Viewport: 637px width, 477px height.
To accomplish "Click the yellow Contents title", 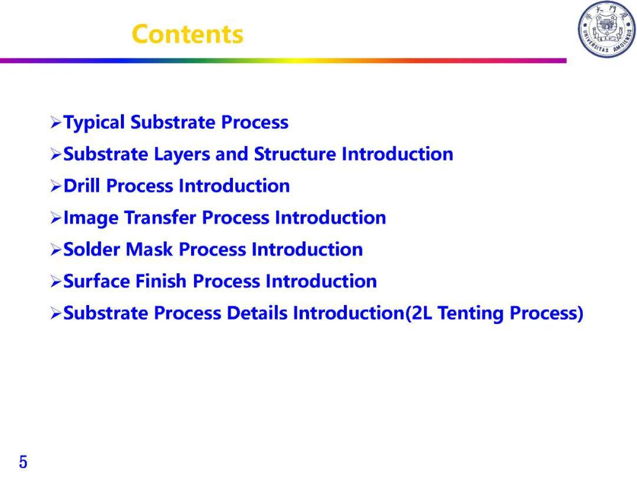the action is click(x=188, y=34).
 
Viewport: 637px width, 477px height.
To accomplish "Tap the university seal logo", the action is click(x=606, y=29).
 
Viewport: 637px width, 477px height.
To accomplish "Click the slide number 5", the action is click(x=23, y=462).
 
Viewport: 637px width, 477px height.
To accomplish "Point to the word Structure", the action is click(x=295, y=154).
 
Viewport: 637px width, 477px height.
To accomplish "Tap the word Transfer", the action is click(x=160, y=217).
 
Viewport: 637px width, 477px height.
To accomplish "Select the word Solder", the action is click(x=91, y=249).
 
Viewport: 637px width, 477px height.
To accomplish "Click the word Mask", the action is click(x=149, y=249).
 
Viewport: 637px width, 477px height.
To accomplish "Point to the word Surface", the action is click(x=96, y=281).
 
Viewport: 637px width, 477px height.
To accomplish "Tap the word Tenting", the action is click(x=471, y=313).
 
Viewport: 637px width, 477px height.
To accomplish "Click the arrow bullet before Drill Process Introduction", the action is click(x=55, y=186).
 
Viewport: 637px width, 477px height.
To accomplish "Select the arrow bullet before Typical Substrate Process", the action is click(x=55, y=122).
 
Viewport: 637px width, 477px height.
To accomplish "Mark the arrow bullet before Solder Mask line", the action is click(x=55, y=250).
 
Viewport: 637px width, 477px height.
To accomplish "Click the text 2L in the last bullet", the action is click(x=421, y=313).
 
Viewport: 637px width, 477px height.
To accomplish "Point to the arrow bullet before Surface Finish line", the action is click(x=55, y=281).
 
